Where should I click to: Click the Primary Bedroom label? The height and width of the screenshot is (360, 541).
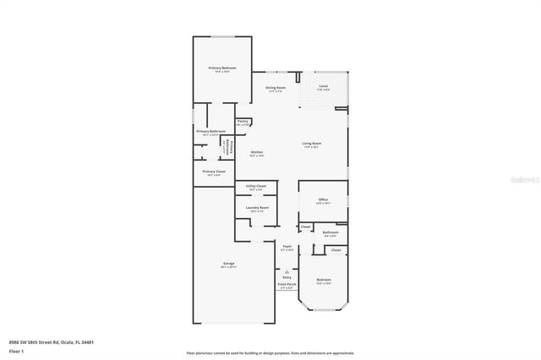point(222,68)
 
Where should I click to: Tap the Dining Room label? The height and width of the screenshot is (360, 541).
point(276,87)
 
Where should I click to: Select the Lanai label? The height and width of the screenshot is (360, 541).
point(324,86)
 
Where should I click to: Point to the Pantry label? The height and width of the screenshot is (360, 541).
point(243,122)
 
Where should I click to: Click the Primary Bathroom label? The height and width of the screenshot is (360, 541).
point(210,131)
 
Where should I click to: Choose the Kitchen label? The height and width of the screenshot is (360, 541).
point(257,152)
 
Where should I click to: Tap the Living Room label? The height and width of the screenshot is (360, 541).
point(313,144)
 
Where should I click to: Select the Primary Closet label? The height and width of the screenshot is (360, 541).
point(214,172)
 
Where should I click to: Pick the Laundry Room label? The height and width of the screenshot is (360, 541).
point(258,208)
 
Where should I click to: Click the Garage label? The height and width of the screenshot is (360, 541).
point(229,264)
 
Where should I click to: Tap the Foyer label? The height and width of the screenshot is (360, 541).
point(287,247)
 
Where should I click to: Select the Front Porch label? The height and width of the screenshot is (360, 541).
point(287,284)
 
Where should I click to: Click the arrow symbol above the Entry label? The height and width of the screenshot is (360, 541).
point(287,270)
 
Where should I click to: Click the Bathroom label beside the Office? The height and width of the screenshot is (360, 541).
point(331,232)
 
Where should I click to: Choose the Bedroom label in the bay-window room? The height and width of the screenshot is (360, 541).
point(324,280)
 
